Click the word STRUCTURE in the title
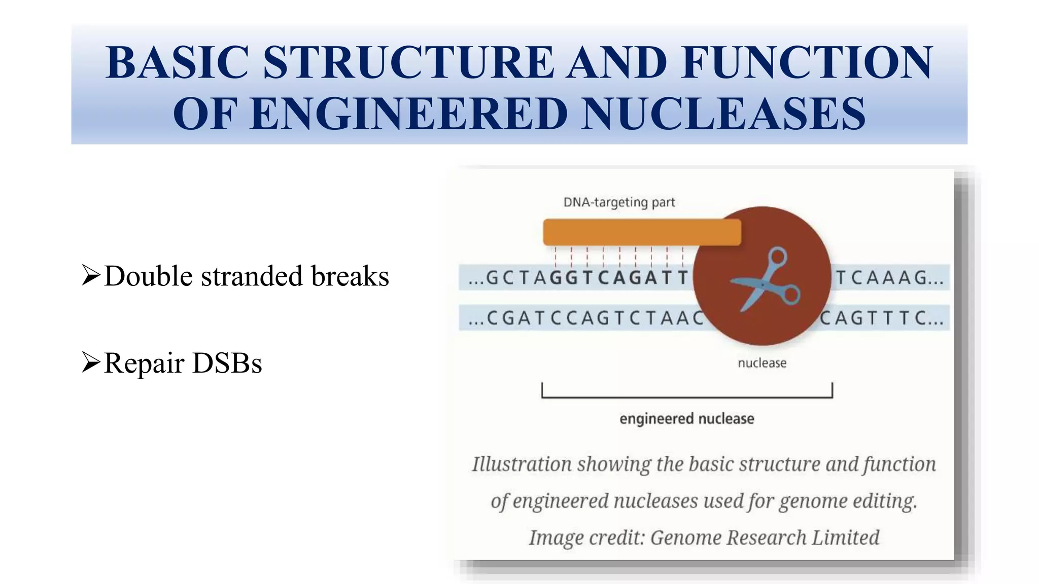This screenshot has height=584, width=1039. [x=408, y=62]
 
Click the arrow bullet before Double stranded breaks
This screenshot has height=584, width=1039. [x=91, y=275]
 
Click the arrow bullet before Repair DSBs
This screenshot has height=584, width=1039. [x=91, y=362]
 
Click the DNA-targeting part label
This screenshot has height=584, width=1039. [x=619, y=202]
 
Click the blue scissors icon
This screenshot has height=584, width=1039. [x=764, y=279]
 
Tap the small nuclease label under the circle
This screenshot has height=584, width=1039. [x=761, y=363]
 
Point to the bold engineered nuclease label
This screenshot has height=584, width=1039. [x=686, y=419]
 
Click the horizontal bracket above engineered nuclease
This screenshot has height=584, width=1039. [x=687, y=397]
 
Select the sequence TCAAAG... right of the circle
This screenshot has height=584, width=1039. [x=889, y=277]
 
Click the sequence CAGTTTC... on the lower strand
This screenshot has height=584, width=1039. [x=882, y=318]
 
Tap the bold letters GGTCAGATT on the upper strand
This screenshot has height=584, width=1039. [x=619, y=277]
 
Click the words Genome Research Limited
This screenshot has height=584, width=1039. [x=765, y=538]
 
